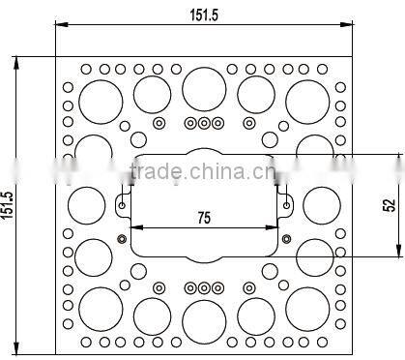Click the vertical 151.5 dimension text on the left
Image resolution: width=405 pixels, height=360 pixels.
tap(9, 203)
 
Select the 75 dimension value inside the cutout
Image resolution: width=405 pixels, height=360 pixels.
tap(203, 219)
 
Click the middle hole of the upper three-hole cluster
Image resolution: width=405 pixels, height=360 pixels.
tap(204, 123)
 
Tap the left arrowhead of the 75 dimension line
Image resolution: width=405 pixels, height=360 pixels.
tap(134, 229)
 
